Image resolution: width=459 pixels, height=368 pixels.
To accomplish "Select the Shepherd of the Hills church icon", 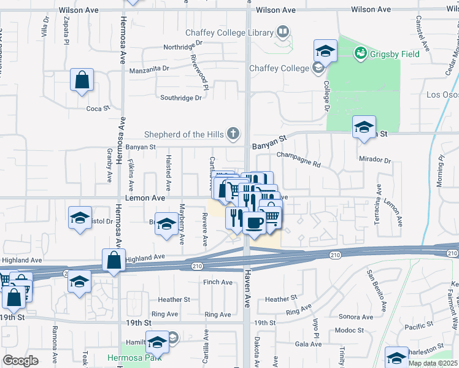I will coord(233,133).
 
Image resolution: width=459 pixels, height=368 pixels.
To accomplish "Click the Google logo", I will coord(20,360).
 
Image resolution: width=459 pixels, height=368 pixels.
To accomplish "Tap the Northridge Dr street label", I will coord(182,47).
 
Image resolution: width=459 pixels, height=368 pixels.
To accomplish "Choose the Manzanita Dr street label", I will coord(153,71).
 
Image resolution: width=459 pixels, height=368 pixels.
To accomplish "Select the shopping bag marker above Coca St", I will coord(82,80).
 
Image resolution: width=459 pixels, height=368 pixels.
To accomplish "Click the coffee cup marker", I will coord(254,221).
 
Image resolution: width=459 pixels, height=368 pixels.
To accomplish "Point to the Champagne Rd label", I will coord(299,159).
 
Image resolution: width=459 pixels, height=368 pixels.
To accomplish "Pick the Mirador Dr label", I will coord(376,160).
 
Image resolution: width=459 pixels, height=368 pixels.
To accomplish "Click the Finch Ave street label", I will coord(218,283).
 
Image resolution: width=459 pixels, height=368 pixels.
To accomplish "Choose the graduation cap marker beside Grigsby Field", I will coord(325,51).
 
